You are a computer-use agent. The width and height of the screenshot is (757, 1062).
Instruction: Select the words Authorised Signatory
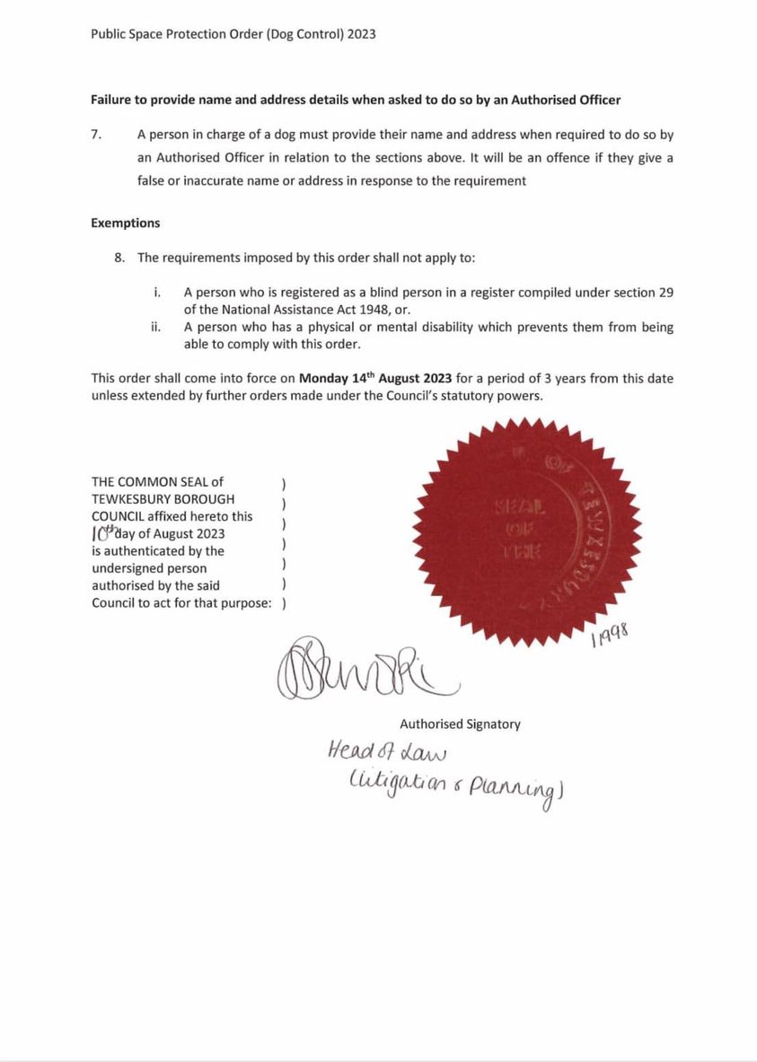click(460, 724)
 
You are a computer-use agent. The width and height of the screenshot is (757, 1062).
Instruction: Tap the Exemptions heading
click(126, 223)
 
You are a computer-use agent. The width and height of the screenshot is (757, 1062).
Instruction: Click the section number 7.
click(96, 135)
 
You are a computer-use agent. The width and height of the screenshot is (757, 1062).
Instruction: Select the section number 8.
click(119, 258)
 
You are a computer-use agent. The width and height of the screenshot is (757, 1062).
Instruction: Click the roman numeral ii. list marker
click(155, 327)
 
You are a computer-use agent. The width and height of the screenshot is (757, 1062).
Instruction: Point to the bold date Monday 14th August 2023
click(375, 378)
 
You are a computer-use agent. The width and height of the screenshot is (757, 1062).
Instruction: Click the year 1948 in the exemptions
click(337, 309)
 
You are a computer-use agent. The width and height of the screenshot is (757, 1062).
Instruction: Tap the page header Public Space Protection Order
click(233, 34)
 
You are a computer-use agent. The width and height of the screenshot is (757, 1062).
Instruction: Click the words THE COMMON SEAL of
click(157, 482)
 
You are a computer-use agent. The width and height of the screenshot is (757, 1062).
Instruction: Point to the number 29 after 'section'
click(665, 293)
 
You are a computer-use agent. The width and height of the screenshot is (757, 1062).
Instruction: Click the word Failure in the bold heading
click(113, 100)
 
